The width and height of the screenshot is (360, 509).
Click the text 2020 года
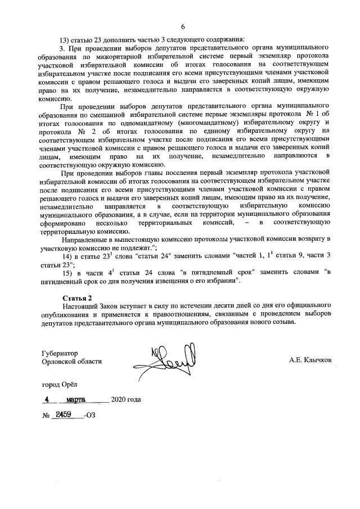coord(127,400)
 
